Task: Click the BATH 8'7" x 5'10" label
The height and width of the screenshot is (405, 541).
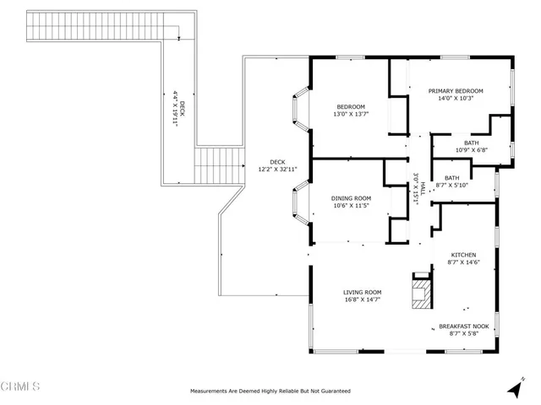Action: pyautogui.click(x=452, y=181)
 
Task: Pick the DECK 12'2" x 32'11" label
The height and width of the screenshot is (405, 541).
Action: pyautogui.click(x=277, y=166)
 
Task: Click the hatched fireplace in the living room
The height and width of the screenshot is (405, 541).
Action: pyautogui.click(x=420, y=293)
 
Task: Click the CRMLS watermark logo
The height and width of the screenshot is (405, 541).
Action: pyautogui.click(x=21, y=387)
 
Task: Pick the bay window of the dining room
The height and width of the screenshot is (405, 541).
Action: pyautogui.click(x=298, y=202)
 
